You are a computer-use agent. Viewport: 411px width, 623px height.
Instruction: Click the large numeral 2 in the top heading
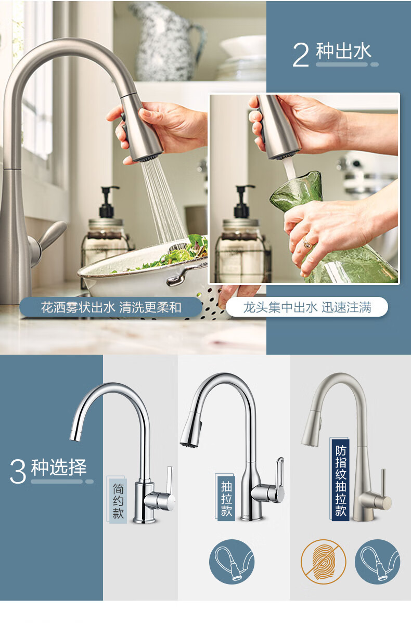301,55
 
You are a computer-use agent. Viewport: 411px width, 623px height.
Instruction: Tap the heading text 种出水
343,51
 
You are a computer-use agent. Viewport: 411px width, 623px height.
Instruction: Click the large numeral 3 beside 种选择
18,471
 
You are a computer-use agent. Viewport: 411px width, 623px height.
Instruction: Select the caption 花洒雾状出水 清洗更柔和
111,307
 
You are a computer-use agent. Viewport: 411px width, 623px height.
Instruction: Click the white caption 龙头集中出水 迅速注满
307,307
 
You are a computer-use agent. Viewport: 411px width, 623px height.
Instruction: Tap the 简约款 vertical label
118,500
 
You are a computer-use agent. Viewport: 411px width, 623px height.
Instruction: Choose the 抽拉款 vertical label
226,498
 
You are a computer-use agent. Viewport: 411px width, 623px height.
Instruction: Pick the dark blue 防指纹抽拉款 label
340,479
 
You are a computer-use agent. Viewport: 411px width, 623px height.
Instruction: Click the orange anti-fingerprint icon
323,562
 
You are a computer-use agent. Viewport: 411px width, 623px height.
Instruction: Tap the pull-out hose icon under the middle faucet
232,562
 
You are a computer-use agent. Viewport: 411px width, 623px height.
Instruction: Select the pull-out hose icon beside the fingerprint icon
377,562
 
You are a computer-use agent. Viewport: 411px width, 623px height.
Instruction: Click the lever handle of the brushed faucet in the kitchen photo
50,238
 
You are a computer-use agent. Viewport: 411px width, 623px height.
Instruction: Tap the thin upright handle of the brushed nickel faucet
383,483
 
